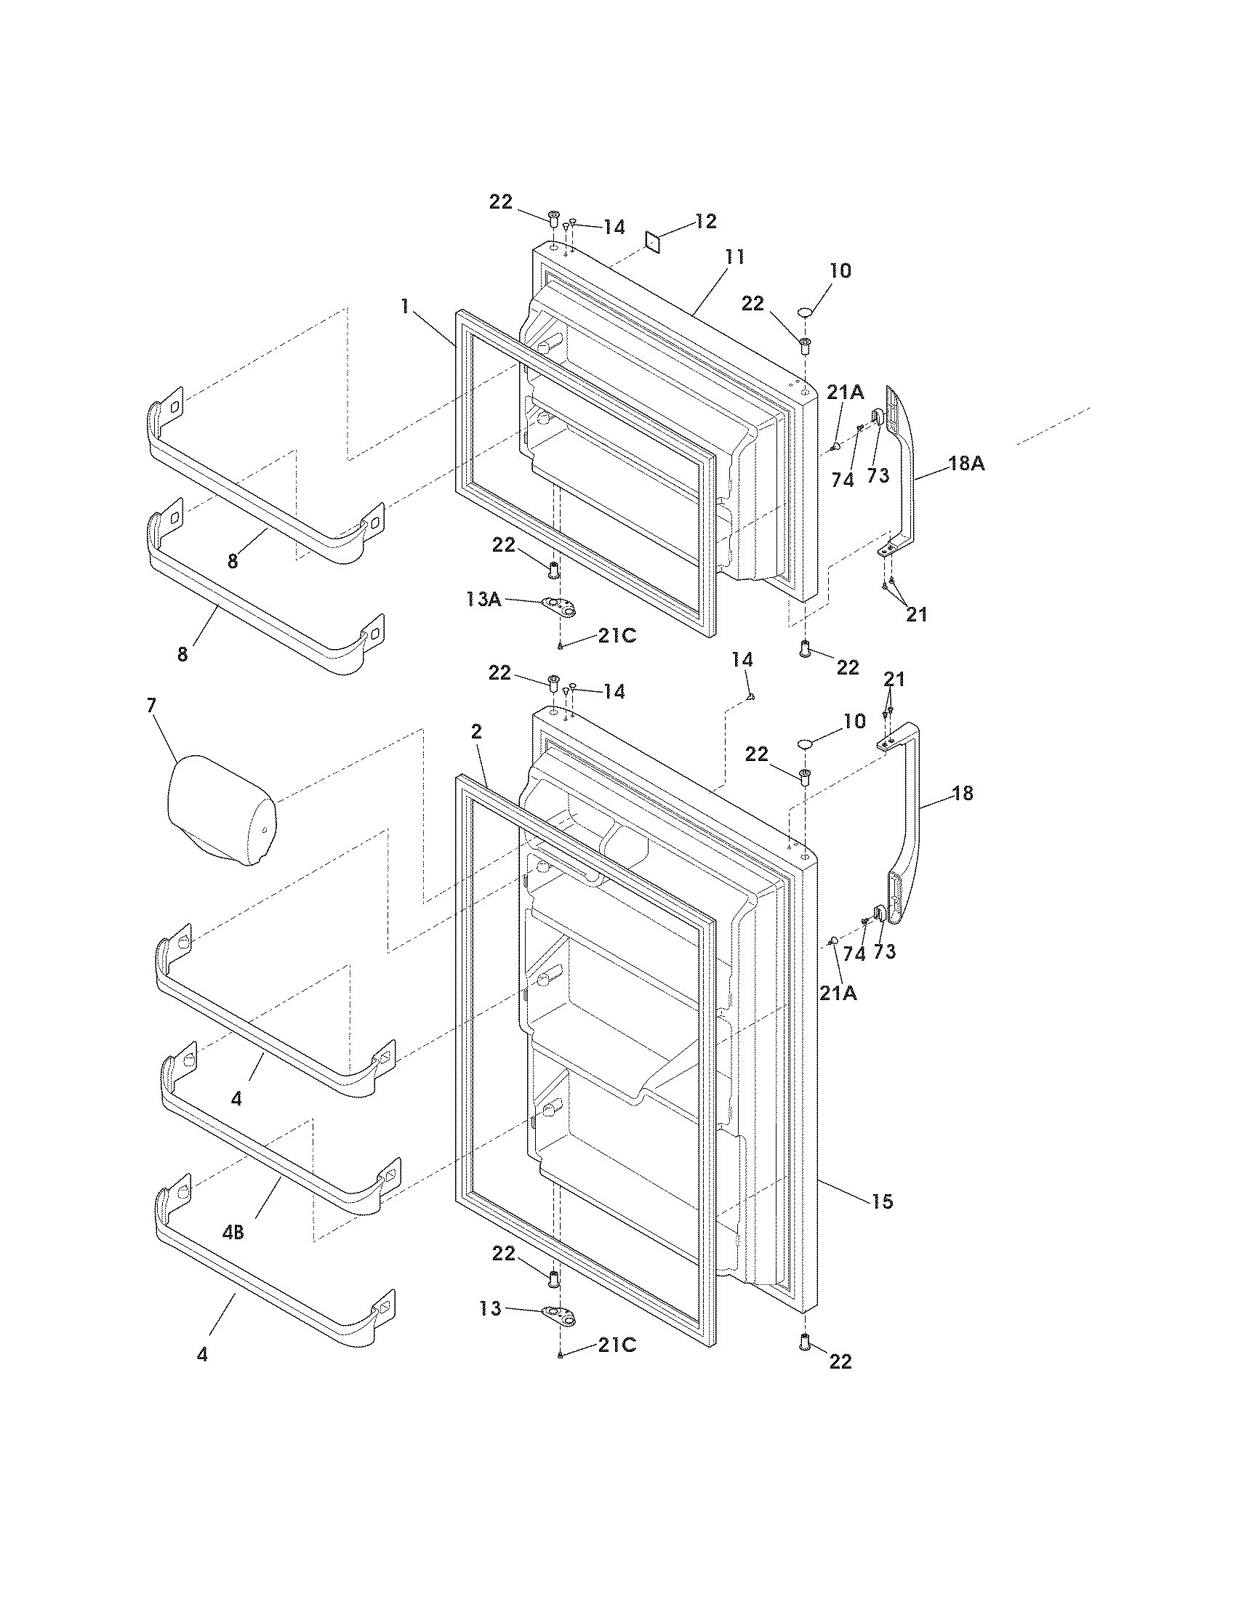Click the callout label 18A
coord(966,464)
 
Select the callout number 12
coord(705,221)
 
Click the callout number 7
coord(151,706)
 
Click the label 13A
coord(483,600)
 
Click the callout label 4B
coord(232,1233)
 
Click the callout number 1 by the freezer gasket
coord(404,307)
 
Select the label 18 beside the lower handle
coord(963,793)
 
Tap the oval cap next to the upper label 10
coord(806,313)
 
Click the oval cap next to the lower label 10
coord(806,744)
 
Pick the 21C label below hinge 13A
coord(617,636)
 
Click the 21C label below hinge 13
coord(617,1345)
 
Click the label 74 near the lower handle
coord(854,954)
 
